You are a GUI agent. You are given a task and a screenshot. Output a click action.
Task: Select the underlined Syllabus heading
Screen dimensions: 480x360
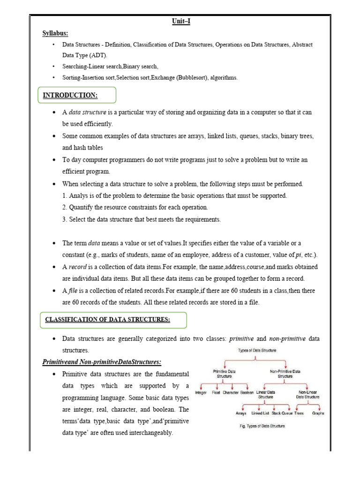tap(56, 34)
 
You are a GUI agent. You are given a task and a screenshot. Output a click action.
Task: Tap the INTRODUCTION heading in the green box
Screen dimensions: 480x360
tap(70, 96)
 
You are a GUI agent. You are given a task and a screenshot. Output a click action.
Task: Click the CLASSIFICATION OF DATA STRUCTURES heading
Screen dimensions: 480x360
tap(107, 320)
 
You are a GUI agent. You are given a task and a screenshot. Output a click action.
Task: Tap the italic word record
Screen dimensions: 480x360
tap(78, 267)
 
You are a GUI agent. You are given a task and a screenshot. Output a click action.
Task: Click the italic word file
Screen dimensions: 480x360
tap(73, 291)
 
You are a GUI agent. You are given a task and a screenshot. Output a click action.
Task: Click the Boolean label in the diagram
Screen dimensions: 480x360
tap(247, 392)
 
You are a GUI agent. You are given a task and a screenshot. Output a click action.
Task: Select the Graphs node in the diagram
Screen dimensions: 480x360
tap(318, 413)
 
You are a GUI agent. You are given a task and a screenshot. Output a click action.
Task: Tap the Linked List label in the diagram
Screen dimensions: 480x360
tap(260, 413)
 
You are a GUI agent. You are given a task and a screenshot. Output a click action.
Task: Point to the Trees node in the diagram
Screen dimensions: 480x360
tap(299, 413)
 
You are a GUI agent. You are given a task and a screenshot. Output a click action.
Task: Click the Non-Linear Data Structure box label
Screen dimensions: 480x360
tap(308, 395)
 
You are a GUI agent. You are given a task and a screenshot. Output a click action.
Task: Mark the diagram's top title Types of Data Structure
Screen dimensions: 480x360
tap(257, 350)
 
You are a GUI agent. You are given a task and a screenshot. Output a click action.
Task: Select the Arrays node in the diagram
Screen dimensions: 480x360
tap(241, 413)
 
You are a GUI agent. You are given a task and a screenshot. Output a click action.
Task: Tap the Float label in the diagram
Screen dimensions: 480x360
tap(216, 392)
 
